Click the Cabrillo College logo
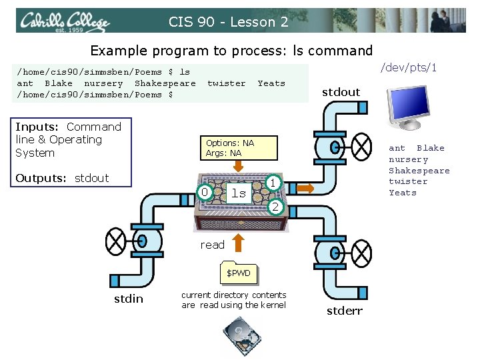pyautogui.click(x=65, y=22)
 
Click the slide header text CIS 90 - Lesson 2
pyautogui.click(x=228, y=22)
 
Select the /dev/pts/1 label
pyautogui.click(x=408, y=68)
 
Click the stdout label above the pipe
pyautogui.click(x=341, y=92)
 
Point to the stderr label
pyautogui.click(x=345, y=311)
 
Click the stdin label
pyautogui.click(x=128, y=299)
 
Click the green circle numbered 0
pyautogui.click(x=206, y=193)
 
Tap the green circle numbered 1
pyautogui.click(x=272, y=182)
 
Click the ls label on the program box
pyautogui.click(x=238, y=193)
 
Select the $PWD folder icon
pyautogui.click(x=238, y=273)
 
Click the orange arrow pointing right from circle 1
pyautogui.click(x=304, y=189)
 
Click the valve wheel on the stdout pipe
pyautogui.click(x=361, y=144)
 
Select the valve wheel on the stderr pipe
pyautogui.click(x=361, y=253)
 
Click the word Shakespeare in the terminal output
pyautogui.click(x=165, y=83)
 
